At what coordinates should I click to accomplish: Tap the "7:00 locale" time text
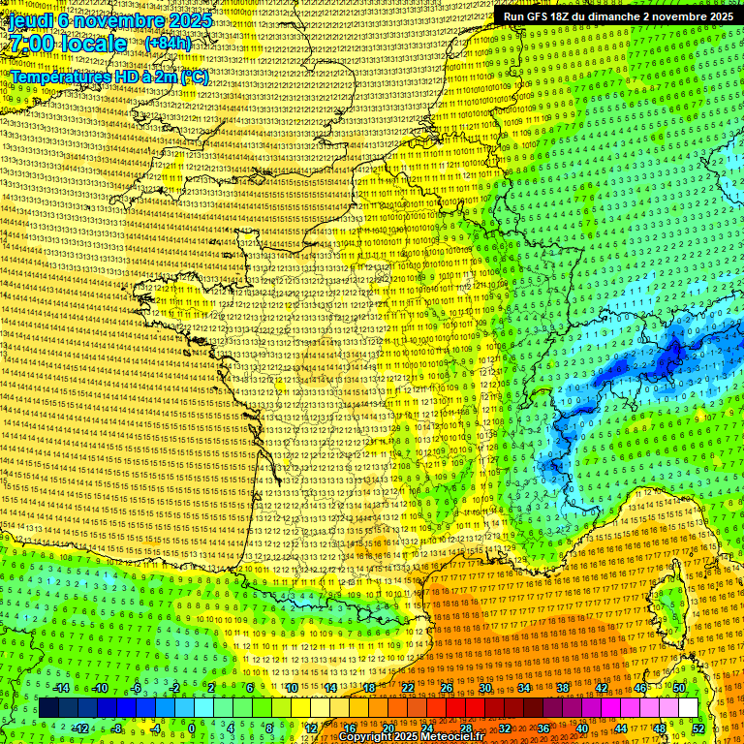pos(65,44)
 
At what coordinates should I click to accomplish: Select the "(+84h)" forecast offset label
pos(168,44)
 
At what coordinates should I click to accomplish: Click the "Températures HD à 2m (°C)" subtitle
pos(108,77)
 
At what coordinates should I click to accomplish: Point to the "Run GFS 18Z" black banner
pos(617,16)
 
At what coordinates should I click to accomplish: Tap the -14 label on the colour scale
pos(61,688)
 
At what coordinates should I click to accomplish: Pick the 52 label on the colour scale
pos(698,728)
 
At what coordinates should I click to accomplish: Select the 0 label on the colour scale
pos(191,728)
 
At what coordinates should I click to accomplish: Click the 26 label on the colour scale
pos(447,688)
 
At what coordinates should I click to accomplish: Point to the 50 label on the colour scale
pos(679,688)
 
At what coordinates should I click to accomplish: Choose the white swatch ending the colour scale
pos(688,708)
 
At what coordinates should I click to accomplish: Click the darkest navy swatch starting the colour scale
pos(48,708)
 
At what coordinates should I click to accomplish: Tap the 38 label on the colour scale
pos(563,688)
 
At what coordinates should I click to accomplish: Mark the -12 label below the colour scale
pos(80,728)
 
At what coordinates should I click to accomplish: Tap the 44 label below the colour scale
pos(621,728)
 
